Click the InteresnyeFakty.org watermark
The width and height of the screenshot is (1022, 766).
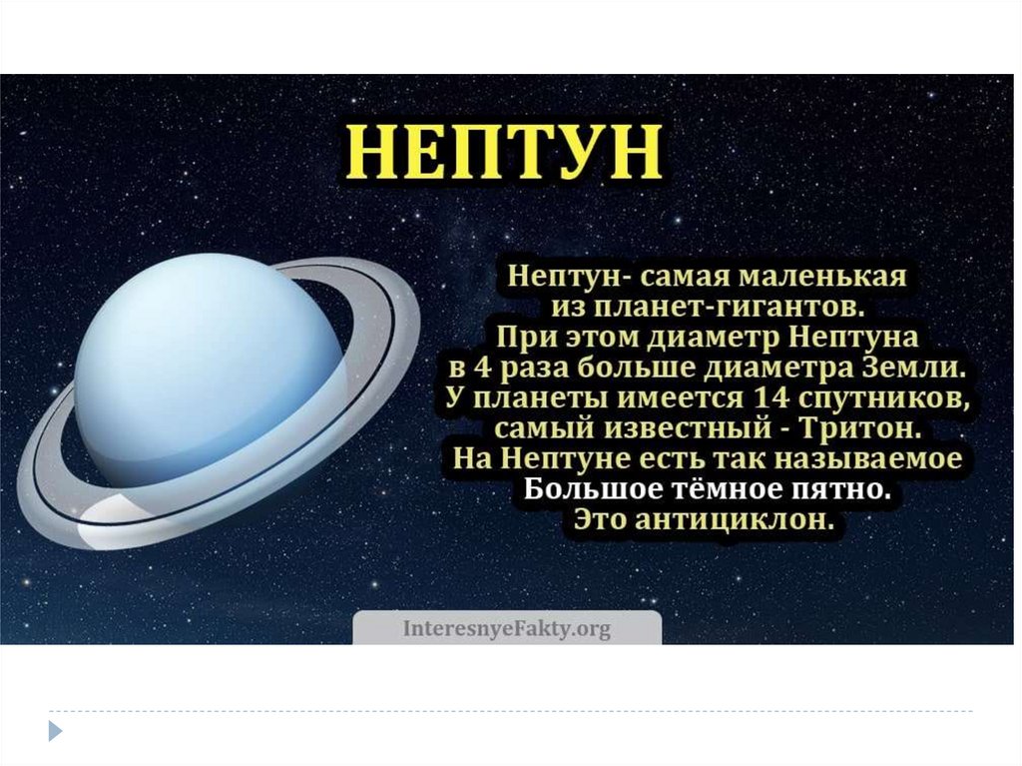[506, 629]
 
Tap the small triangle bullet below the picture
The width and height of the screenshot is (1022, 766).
[56, 730]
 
